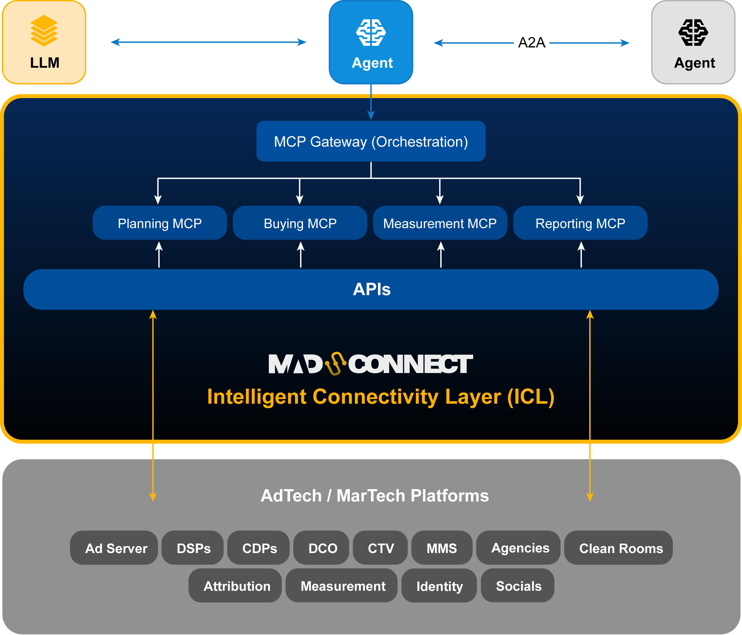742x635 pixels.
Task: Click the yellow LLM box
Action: tap(44, 42)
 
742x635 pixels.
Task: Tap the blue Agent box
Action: tap(371, 42)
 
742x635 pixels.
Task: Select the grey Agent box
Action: tap(693, 42)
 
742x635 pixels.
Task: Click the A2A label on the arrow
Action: tap(531, 43)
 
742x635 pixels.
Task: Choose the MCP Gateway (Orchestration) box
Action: tap(371, 141)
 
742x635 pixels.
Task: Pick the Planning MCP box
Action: tap(160, 223)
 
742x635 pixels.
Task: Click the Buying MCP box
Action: tap(300, 223)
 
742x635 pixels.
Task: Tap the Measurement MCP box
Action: tap(440, 223)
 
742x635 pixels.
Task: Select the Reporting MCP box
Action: tap(580, 223)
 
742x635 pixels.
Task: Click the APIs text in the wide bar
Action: tap(371, 289)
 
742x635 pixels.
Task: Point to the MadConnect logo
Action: tap(370, 364)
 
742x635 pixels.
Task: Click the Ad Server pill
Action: tap(114, 548)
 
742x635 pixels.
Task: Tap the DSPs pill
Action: tap(193, 548)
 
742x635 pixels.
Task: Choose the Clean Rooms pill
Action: tap(618, 548)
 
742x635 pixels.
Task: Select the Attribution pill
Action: tap(235, 586)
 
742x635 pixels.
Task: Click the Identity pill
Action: tap(439, 586)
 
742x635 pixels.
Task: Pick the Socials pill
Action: tap(518, 586)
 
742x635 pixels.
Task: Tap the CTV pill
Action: tap(380, 548)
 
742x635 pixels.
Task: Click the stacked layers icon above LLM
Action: tap(44, 30)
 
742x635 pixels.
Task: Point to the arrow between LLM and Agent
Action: tap(208, 42)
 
